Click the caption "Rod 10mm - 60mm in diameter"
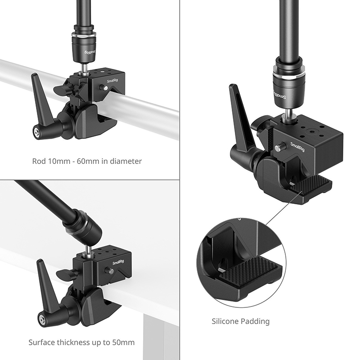click(x=87, y=161)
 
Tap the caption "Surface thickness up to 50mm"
click(x=81, y=342)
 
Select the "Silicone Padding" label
click(x=241, y=321)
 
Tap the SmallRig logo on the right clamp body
click(x=297, y=147)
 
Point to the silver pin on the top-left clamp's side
click(x=104, y=88)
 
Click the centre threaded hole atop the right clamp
click(x=312, y=132)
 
